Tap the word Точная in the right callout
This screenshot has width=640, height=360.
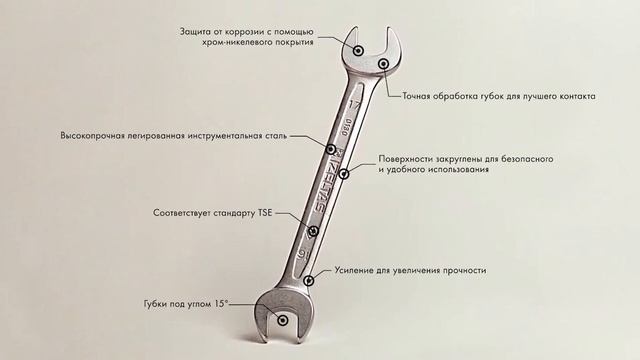click(421, 97)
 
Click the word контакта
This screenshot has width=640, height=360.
click(574, 97)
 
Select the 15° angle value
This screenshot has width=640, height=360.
click(222, 303)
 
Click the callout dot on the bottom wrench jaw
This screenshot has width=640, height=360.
click(283, 321)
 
